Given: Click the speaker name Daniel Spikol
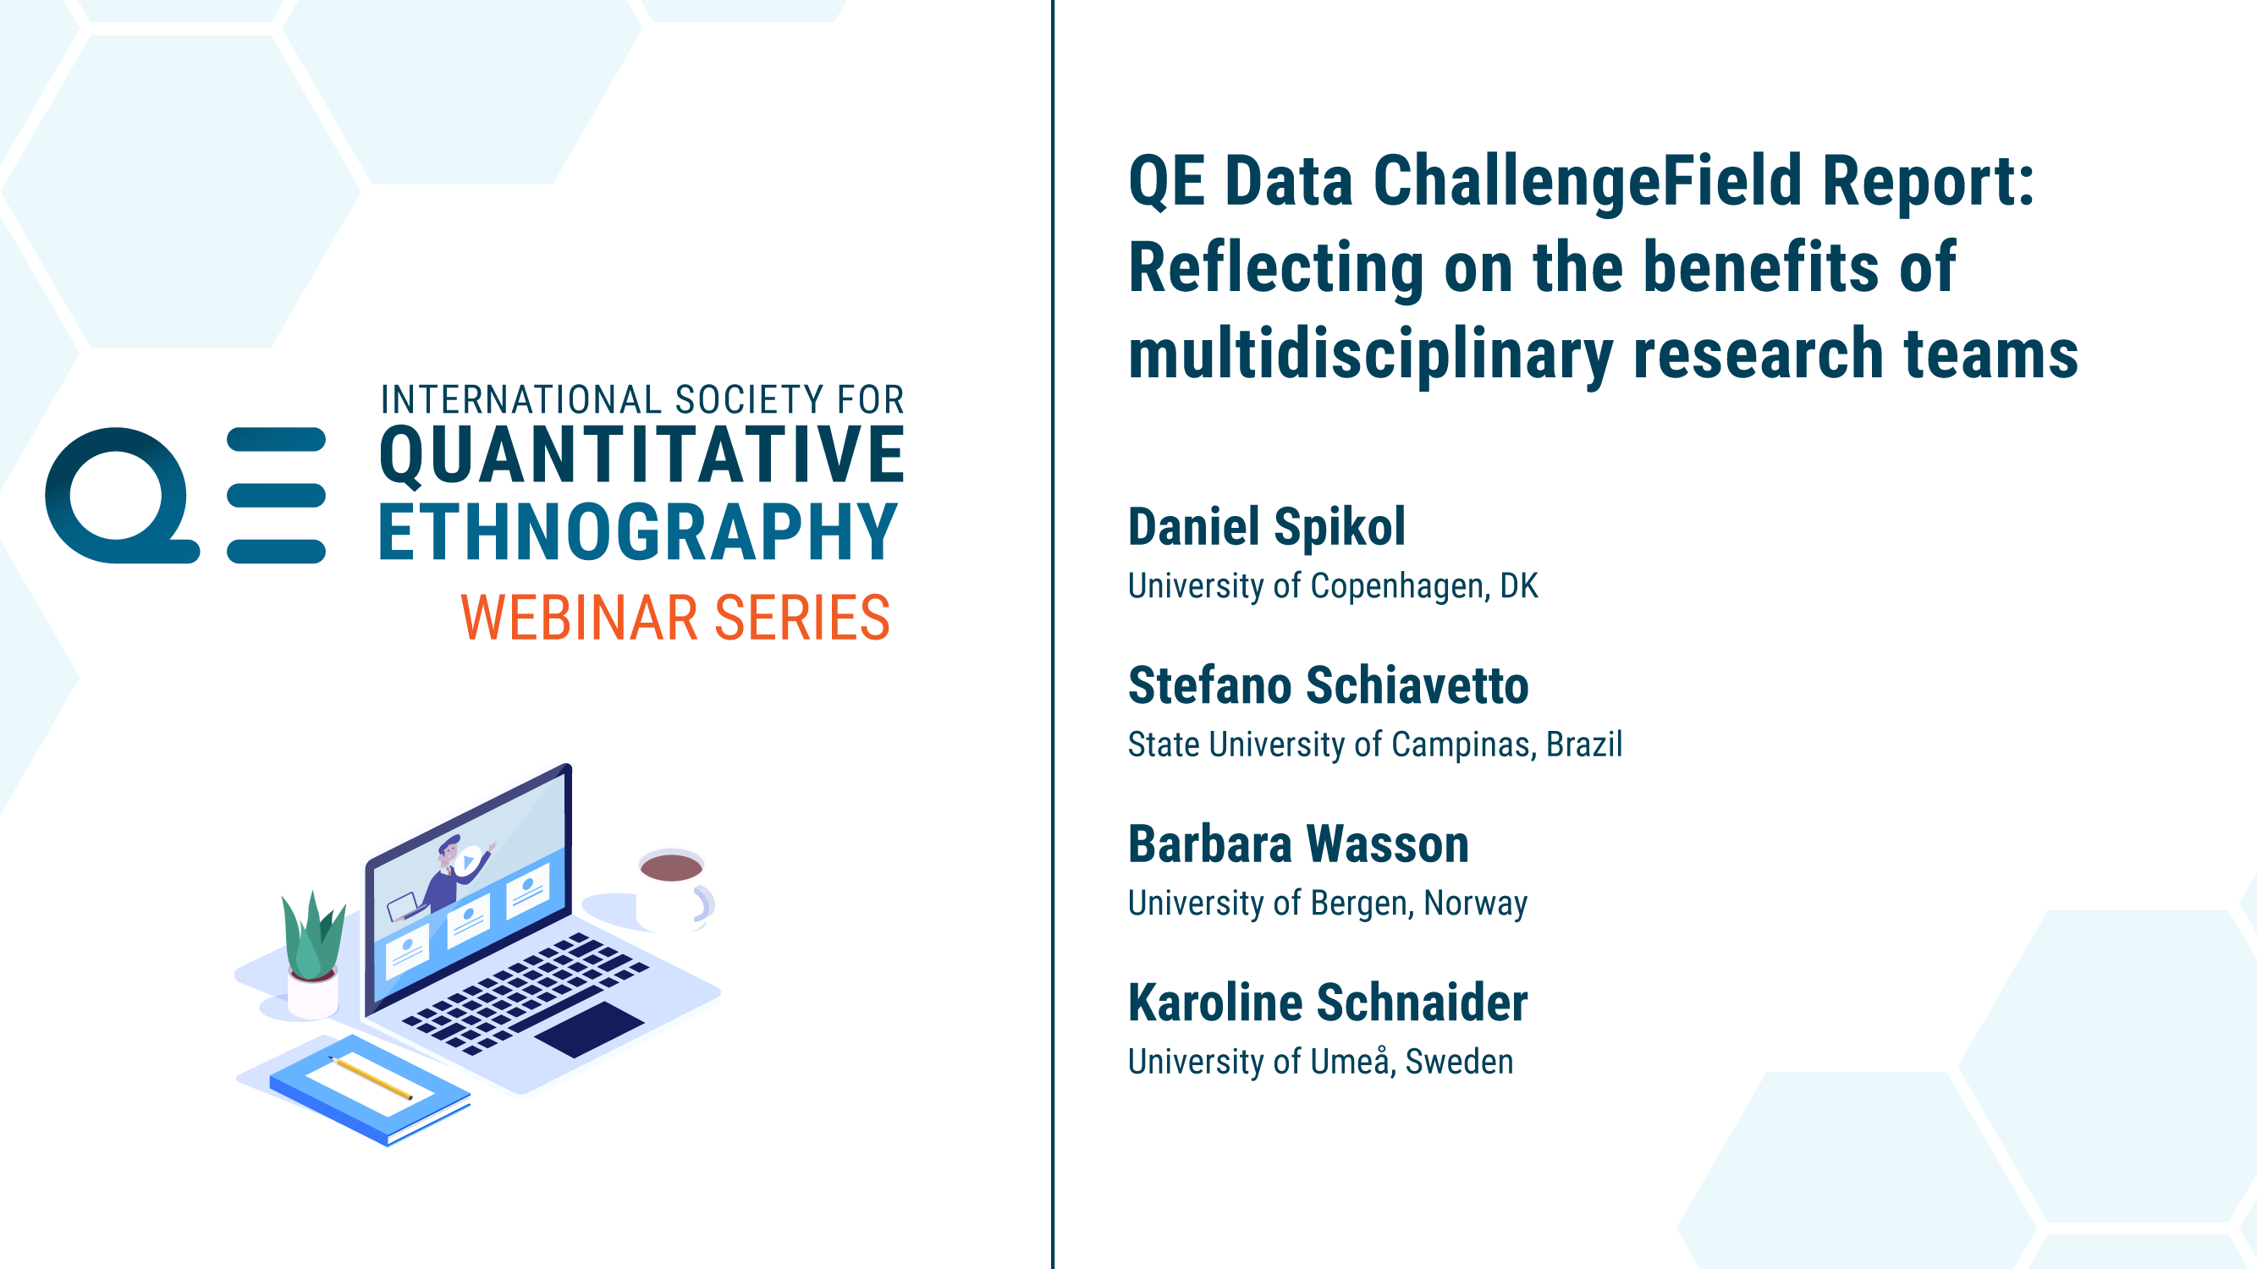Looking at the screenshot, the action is point(1266,526).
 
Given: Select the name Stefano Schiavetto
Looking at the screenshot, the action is point(1329,685).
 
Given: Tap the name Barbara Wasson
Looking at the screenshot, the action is point(1298,844).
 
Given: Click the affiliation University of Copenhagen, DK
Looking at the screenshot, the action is point(1333,586).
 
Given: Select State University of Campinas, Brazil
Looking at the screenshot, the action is point(1374,744).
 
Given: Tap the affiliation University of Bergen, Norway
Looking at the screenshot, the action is point(1328,903).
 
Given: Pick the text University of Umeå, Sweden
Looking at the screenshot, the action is point(1320,1062).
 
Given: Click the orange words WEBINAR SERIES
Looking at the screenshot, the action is point(675,618).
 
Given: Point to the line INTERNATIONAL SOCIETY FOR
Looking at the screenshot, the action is point(641,399).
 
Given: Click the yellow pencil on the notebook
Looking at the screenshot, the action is point(370,1078).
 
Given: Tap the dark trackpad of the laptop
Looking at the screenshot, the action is point(589,1029).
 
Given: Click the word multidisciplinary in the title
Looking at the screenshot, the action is point(1370,354).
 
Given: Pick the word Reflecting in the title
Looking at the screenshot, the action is point(1275,269).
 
